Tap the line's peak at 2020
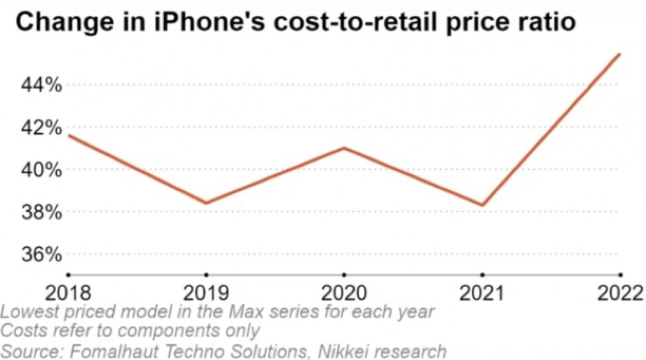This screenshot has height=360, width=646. click(x=344, y=148)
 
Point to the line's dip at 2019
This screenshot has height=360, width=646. click(x=206, y=203)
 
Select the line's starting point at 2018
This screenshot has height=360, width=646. click(x=69, y=136)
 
